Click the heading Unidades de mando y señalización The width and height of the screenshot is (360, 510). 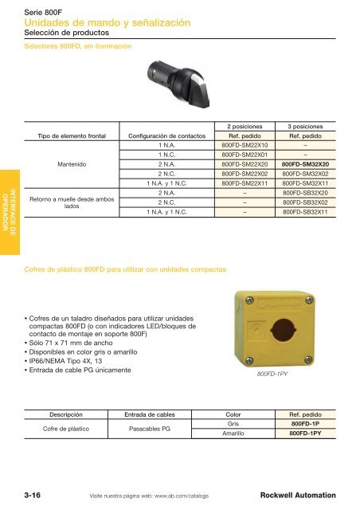click(108, 24)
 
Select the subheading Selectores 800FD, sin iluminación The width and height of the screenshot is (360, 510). click(78, 46)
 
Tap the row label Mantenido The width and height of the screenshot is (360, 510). click(72, 164)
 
